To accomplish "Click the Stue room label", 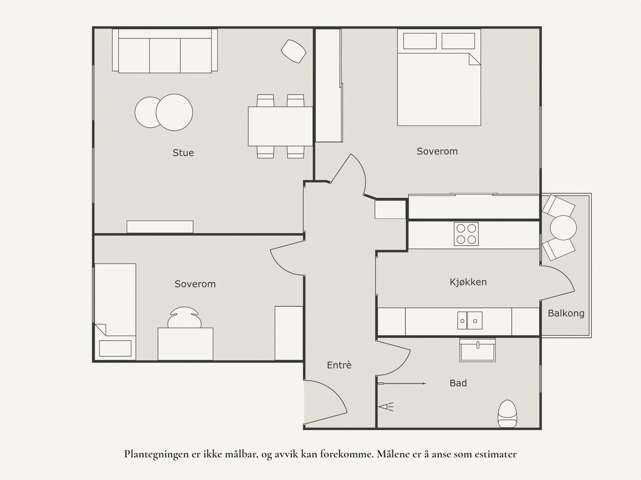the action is tap(183, 153).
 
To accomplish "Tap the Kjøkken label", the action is tap(468, 282).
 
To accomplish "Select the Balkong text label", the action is tap(566, 313).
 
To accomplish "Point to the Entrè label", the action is tap(339, 365).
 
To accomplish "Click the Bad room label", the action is tap(458, 383).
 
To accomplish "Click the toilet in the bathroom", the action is tap(507, 414).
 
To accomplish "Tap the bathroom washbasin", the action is tap(478, 350).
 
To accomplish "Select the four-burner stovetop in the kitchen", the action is tap(466, 234).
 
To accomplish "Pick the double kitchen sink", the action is tap(470, 321).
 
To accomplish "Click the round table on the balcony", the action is tap(563, 228).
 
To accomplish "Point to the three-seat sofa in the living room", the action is tap(165, 51).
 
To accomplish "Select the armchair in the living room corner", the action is tap(294, 51).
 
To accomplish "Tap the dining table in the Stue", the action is tap(280, 127).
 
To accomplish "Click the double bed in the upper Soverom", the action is tap(439, 77).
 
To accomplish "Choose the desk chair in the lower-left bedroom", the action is tap(185, 317).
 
